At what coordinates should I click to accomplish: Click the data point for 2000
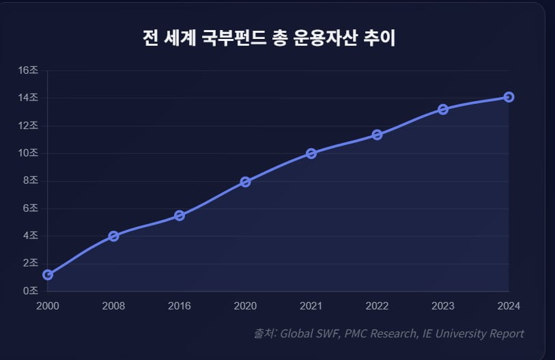click(x=48, y=275)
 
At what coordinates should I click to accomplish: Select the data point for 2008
click(x=113, y=236)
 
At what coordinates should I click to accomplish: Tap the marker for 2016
click(x=180, y=215)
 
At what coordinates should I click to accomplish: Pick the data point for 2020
click(x=245, y=182)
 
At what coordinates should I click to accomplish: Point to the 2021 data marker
click(x=311, y=154)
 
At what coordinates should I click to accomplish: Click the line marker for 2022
click(x=377, y=135)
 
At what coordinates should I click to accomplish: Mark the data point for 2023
click(x=443, y=109)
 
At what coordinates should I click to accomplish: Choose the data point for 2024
click(x=509, y=97)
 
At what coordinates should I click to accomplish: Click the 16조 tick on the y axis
click(x=28, y=70)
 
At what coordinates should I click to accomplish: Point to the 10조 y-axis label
click(x=28, y=153)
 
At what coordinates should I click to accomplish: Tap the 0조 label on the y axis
click(x=31, y=291)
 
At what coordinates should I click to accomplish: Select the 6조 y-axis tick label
click(x=31, y=208)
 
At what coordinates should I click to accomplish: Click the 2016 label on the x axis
click(x=180, y=305)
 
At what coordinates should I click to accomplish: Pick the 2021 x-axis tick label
click(x=311, y=305)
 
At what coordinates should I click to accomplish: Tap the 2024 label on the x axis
click(x=509, y=305)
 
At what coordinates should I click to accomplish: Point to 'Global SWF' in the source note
click(x=309, y=333)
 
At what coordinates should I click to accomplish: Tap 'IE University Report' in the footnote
click(x=473, y=333)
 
